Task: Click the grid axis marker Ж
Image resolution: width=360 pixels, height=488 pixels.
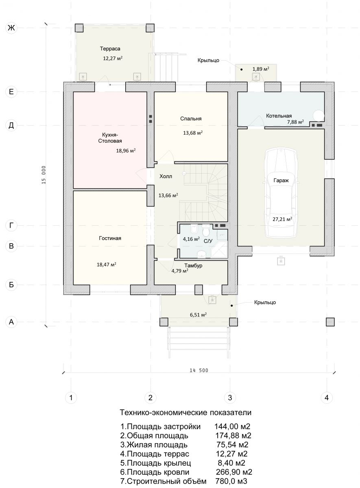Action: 11,28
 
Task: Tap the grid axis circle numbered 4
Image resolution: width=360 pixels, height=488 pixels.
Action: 326,398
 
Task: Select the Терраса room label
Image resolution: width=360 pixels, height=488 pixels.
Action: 110,49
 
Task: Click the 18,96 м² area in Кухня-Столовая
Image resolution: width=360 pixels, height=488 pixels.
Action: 126,150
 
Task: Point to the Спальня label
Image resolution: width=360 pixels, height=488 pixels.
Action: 191,119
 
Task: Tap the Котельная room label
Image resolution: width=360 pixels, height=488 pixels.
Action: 279,116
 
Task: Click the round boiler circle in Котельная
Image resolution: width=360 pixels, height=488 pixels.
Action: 319,115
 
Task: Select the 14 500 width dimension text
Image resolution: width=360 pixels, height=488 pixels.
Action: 199,370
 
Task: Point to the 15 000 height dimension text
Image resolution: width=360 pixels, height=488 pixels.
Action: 44,175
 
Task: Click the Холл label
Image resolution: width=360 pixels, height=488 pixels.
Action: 166,176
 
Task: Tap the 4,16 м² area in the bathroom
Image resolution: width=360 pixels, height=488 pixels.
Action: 191,239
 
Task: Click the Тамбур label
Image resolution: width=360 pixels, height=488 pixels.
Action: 193,266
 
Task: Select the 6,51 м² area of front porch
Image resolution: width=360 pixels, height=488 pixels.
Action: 199,315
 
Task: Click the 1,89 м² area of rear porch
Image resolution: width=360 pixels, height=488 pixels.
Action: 261,69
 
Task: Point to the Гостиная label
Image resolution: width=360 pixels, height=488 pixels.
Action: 110,238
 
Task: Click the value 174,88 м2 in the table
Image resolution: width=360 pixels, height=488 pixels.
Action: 233,436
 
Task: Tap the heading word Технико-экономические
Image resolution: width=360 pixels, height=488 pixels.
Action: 163,412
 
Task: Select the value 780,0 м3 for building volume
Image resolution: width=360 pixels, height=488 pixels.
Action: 231,481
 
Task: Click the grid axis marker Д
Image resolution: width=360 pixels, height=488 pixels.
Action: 11,126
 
